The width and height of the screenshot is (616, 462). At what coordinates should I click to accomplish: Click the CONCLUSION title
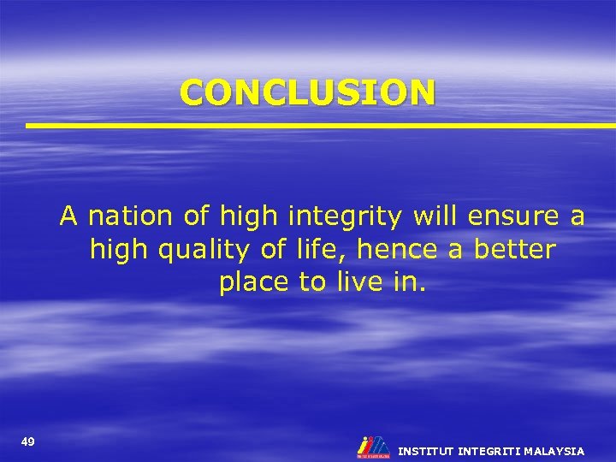point(307,92)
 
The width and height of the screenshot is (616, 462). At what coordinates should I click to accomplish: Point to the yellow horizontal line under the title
point(321,126)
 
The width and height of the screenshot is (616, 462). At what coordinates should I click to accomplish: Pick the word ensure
point(509,217)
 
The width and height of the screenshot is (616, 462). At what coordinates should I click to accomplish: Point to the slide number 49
point(28,441)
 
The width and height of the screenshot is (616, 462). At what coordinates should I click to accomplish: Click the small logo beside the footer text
point(373,447)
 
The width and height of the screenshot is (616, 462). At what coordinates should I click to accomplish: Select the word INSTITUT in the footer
point(426,451)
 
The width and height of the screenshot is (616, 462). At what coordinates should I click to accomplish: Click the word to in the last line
point(311,282)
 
